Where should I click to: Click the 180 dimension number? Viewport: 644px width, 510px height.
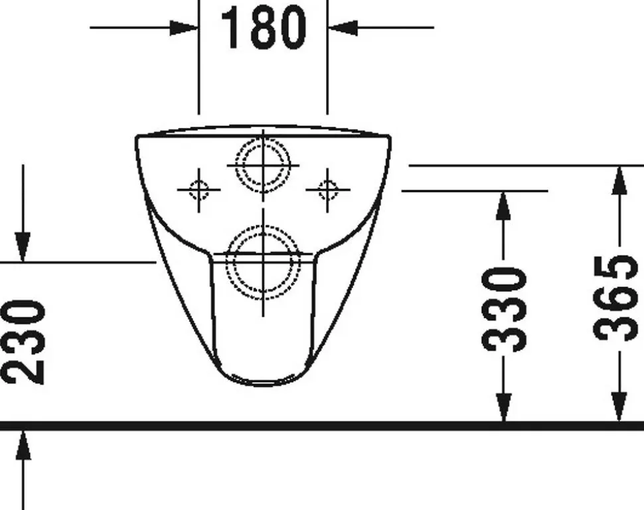(264, 28)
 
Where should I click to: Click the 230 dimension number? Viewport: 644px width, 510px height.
(23, 342)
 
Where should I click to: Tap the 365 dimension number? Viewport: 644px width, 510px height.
(617, 298)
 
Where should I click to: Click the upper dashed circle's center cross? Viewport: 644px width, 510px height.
(264, 165)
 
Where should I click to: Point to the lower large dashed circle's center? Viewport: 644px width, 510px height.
(264, 262)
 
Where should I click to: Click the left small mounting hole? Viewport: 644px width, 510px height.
(199, 190)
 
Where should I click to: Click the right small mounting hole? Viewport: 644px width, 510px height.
(327, 190)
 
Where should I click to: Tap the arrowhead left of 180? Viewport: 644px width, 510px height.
(184, 27)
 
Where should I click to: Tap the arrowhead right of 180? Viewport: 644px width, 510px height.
(343, 27)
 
